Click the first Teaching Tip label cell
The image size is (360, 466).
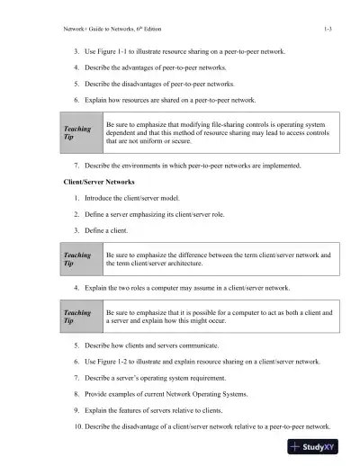(x=76, y=133)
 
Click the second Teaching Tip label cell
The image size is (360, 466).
(x=76, y=260)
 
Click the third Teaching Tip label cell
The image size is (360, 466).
(x=76, y=317)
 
